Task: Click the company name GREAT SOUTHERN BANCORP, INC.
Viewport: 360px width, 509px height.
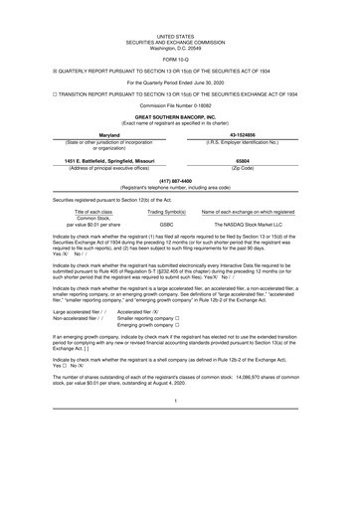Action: (179, 116)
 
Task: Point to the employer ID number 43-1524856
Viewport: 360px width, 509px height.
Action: (249, 136)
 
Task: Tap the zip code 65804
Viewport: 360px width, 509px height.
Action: (248, 158)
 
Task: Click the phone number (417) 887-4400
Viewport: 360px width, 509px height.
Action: (179, 181)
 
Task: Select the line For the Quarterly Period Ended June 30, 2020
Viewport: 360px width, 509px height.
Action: (179, 77)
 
